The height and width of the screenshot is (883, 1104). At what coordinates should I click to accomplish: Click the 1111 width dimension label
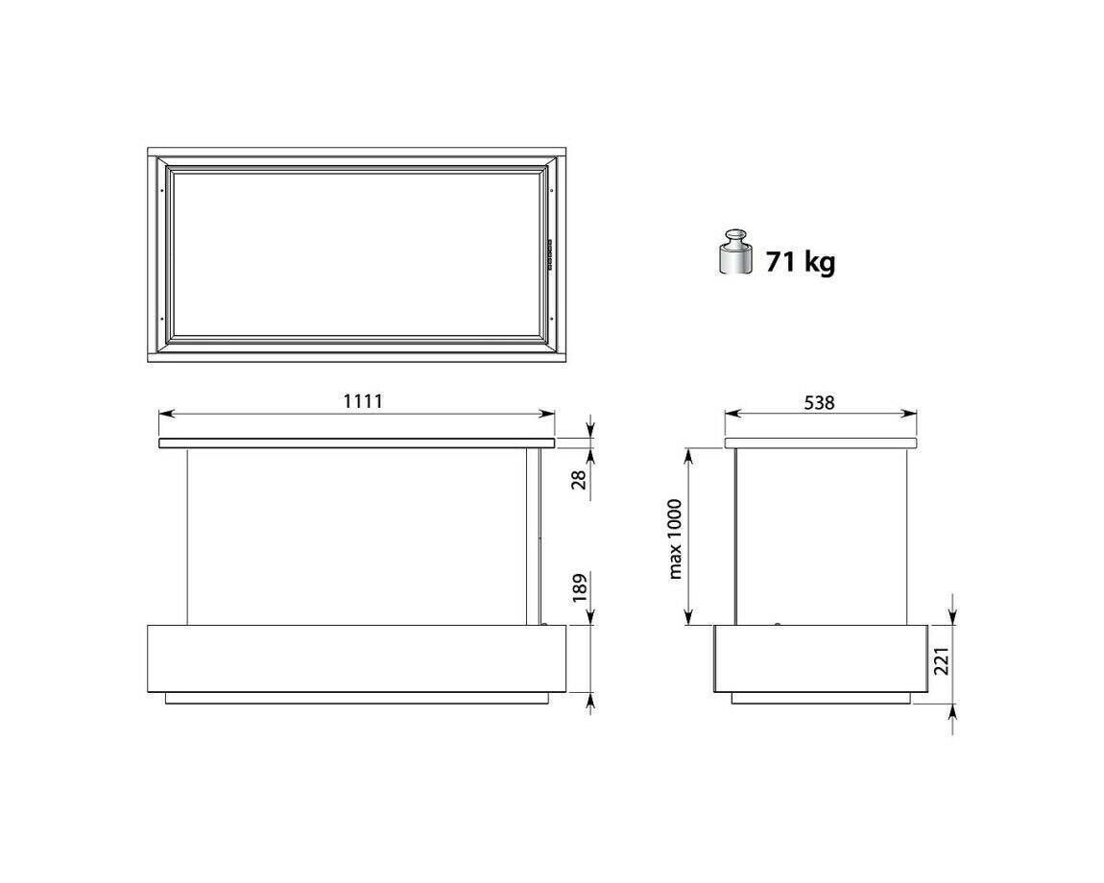pos(363,401)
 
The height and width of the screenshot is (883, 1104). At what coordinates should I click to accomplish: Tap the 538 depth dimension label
pos(819,403)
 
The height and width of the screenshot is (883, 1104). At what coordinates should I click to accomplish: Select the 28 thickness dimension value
pos(579,480)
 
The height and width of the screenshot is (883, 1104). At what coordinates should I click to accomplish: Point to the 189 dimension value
pos(579,588)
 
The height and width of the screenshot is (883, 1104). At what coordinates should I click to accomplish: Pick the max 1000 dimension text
pos(675,538)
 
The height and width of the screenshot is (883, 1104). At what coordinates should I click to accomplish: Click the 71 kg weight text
pos(801,262)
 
